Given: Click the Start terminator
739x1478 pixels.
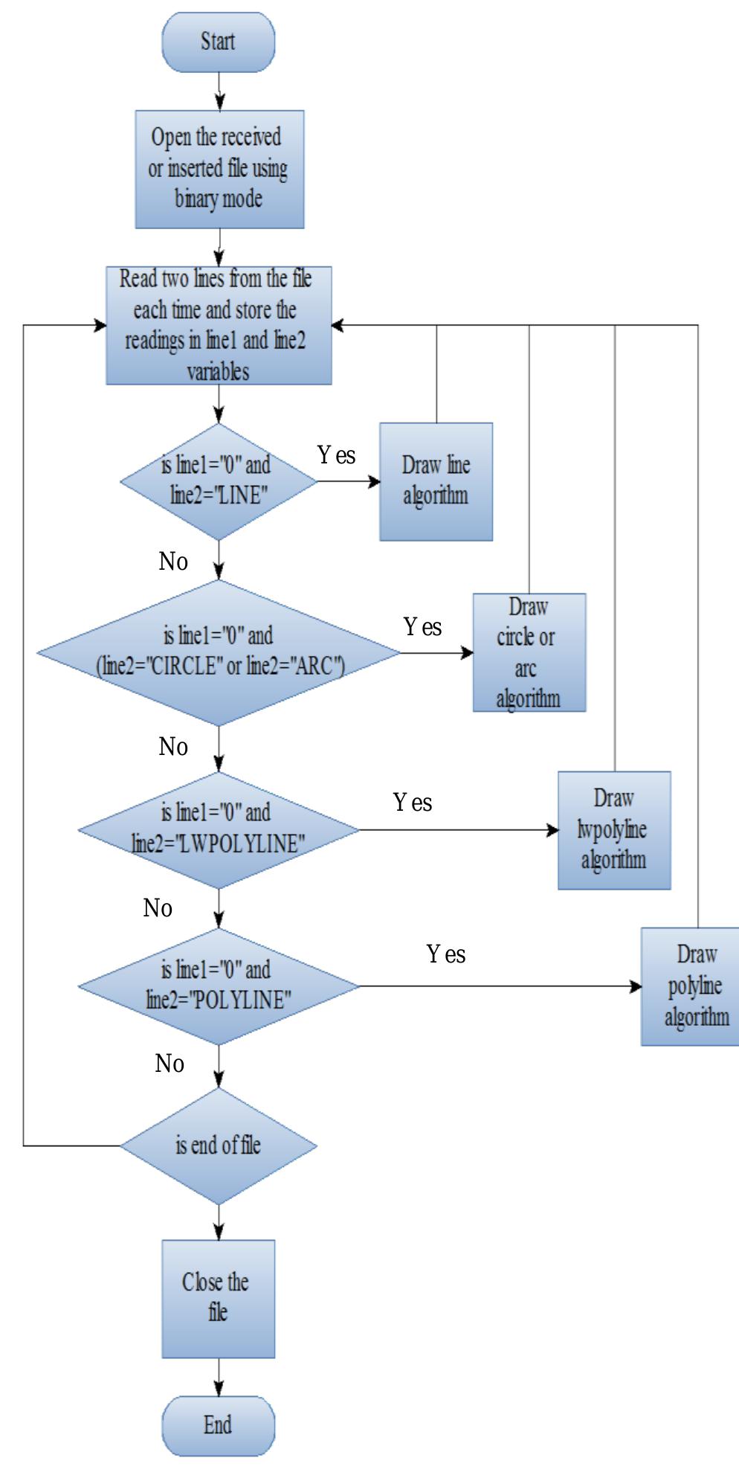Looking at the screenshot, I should (219, 42).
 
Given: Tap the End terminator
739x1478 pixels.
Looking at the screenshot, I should (219, 1424).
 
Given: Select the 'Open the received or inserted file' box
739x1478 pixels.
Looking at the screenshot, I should (219, 169).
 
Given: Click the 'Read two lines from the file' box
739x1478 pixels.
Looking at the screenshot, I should (219, 325).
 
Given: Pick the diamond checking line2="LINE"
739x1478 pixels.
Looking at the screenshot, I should (219, 481).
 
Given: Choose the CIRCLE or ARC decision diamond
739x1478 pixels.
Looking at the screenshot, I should (219, 652).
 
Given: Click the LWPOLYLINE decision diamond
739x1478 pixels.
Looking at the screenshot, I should (219, 829).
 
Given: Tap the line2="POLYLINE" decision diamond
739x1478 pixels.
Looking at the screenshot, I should (219, 986).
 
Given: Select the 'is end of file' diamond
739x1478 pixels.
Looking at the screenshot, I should (219, 1146).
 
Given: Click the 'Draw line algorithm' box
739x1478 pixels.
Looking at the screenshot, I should (436, 481).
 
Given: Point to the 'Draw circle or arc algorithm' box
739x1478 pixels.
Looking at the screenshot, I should (529, 652).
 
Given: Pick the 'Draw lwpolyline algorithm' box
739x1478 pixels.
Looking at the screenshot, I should (614, 829).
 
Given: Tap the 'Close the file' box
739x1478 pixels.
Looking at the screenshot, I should (219, 1298).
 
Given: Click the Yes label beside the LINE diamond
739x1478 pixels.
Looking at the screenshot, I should (337, 455).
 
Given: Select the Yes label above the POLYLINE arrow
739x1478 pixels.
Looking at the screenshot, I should (446, 954).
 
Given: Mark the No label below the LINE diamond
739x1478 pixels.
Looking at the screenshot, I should (173, 562).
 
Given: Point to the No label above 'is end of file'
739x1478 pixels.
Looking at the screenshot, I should (170, 1064).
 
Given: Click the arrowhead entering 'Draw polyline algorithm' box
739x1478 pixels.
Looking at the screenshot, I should (636, 986).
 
